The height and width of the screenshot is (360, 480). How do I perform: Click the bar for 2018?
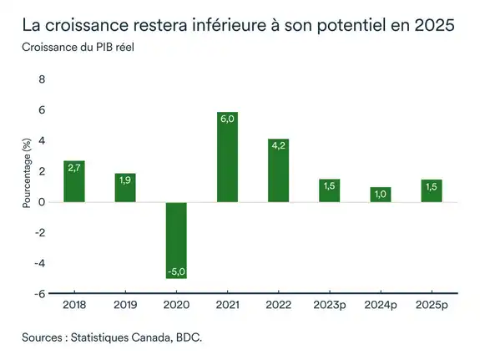tap(74, 181)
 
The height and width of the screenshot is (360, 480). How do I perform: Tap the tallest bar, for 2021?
tap(227, 157)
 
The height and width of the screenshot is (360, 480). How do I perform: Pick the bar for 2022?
tap(279, 170)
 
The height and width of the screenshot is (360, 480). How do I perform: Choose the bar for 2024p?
tap(381, 195)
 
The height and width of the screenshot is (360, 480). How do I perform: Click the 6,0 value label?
tap(227, 120)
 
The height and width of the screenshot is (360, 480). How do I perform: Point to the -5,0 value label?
tap(176, 271)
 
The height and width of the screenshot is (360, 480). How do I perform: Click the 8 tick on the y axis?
tap(43, 80)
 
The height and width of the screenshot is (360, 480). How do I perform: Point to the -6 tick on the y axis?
tap(40, 294)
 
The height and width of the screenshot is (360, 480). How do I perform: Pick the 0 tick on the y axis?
tap(43, 202)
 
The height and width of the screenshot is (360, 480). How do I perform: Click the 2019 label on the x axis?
tap(125, 306)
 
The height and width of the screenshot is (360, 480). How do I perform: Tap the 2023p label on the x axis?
tap(330, 306)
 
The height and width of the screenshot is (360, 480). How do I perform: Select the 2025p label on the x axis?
tap(432, 306)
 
